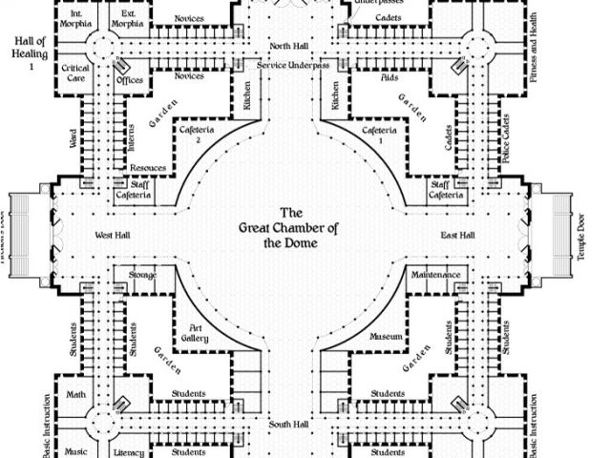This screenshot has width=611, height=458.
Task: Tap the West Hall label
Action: click(112, 235)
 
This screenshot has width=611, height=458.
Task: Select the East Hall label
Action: click(459, 235)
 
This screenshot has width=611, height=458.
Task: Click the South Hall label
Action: click(285, 423)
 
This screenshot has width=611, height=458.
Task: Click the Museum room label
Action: click(386, 338)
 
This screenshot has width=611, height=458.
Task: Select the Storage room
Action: click(143, 276)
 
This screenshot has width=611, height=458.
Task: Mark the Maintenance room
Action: click(435, 276)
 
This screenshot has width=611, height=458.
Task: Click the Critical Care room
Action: click(75, 74)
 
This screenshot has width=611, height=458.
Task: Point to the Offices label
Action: click(129, 80)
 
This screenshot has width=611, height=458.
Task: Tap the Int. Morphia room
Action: click(76, 19)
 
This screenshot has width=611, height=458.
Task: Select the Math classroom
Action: click(75, 393)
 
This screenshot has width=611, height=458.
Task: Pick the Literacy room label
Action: click(127, 451)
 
